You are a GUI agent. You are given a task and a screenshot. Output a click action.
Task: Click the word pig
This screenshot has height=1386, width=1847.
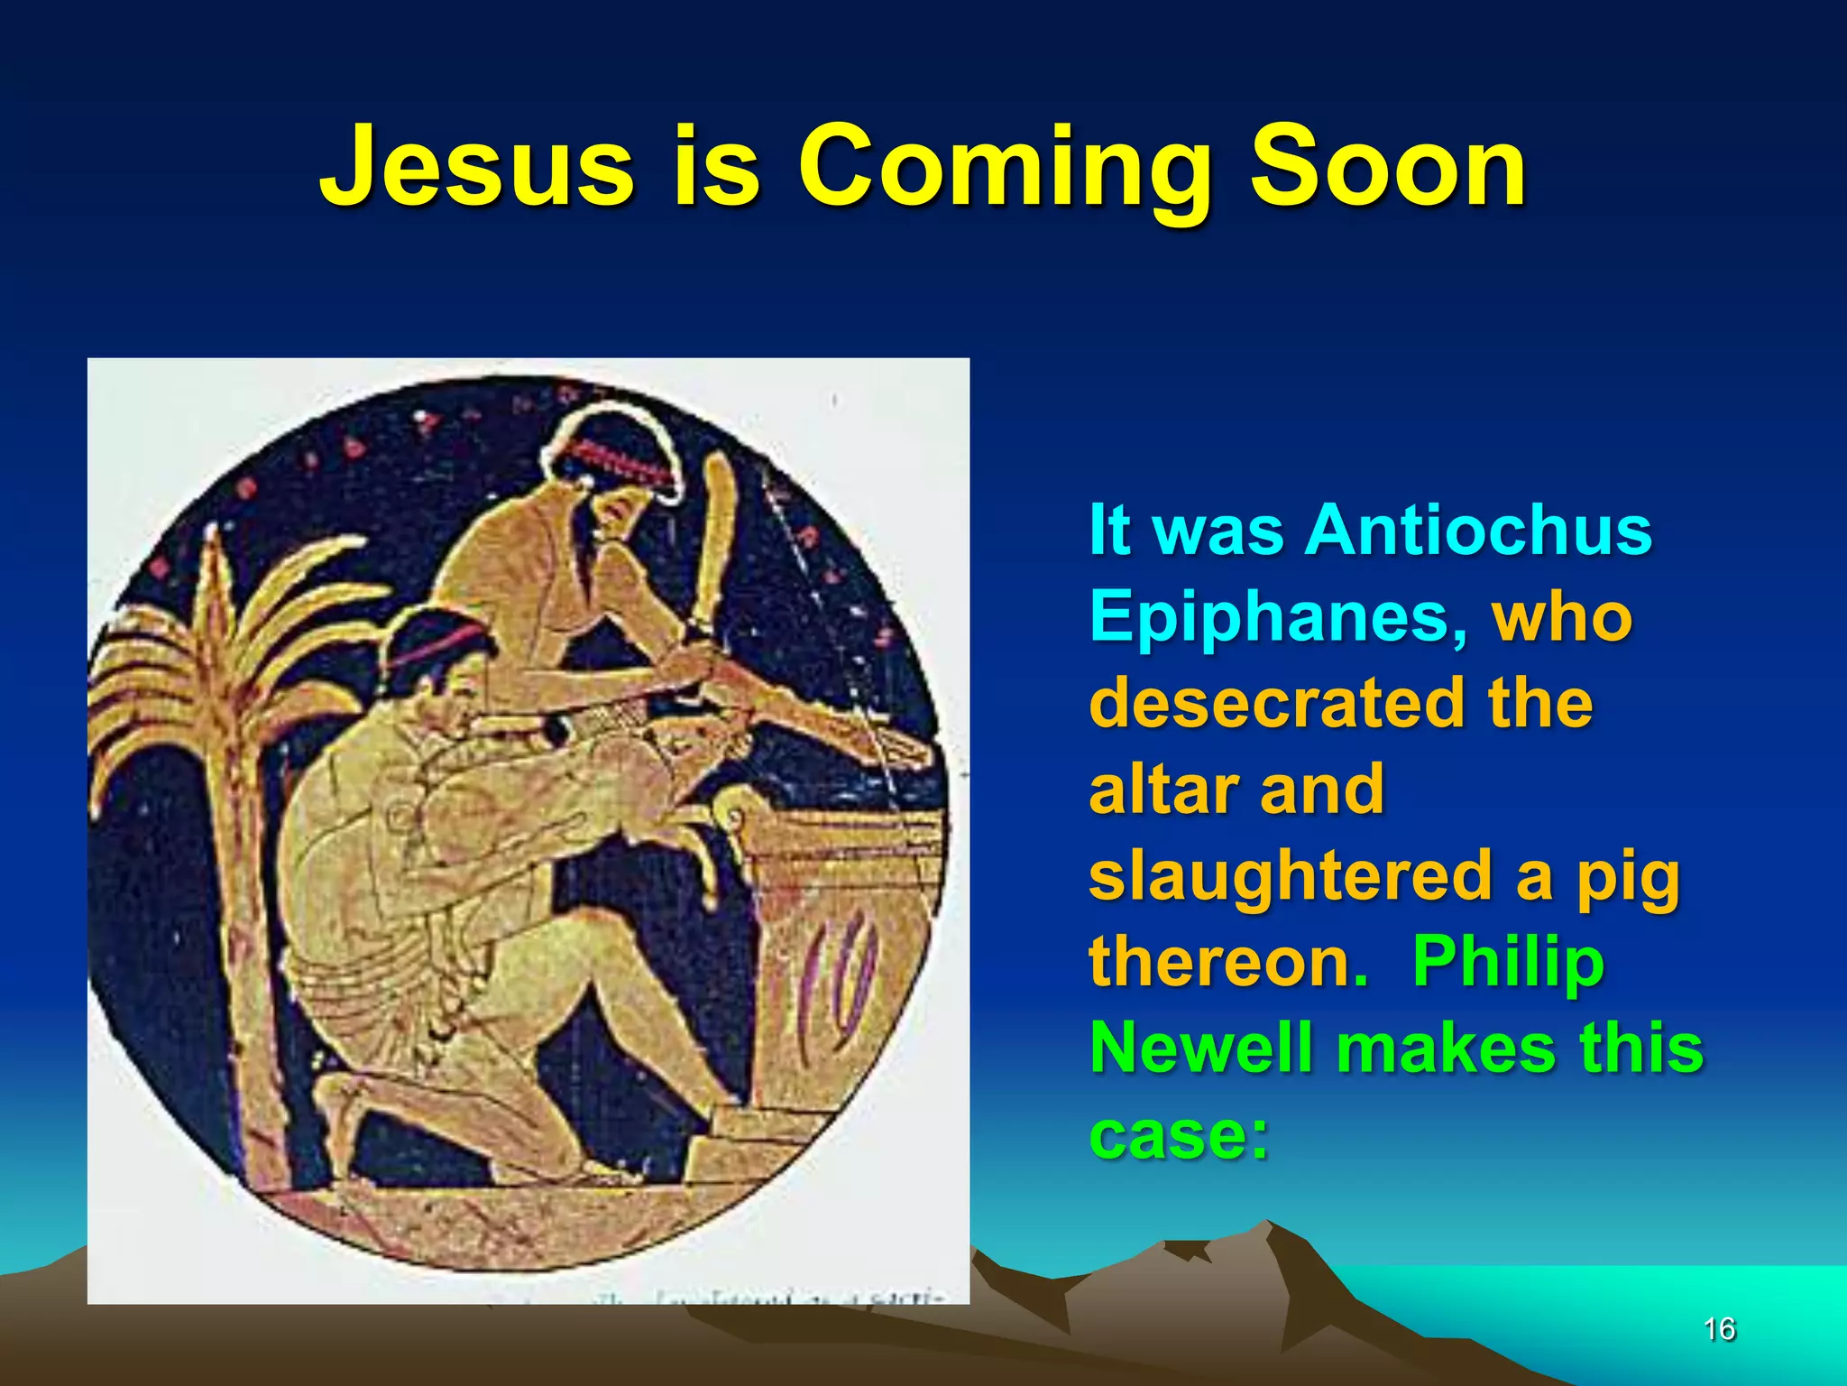pyautogui.click(x=1628, y=880)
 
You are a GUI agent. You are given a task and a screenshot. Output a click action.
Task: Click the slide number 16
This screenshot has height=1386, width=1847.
pyautogui.click(x=1719, y=1329)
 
